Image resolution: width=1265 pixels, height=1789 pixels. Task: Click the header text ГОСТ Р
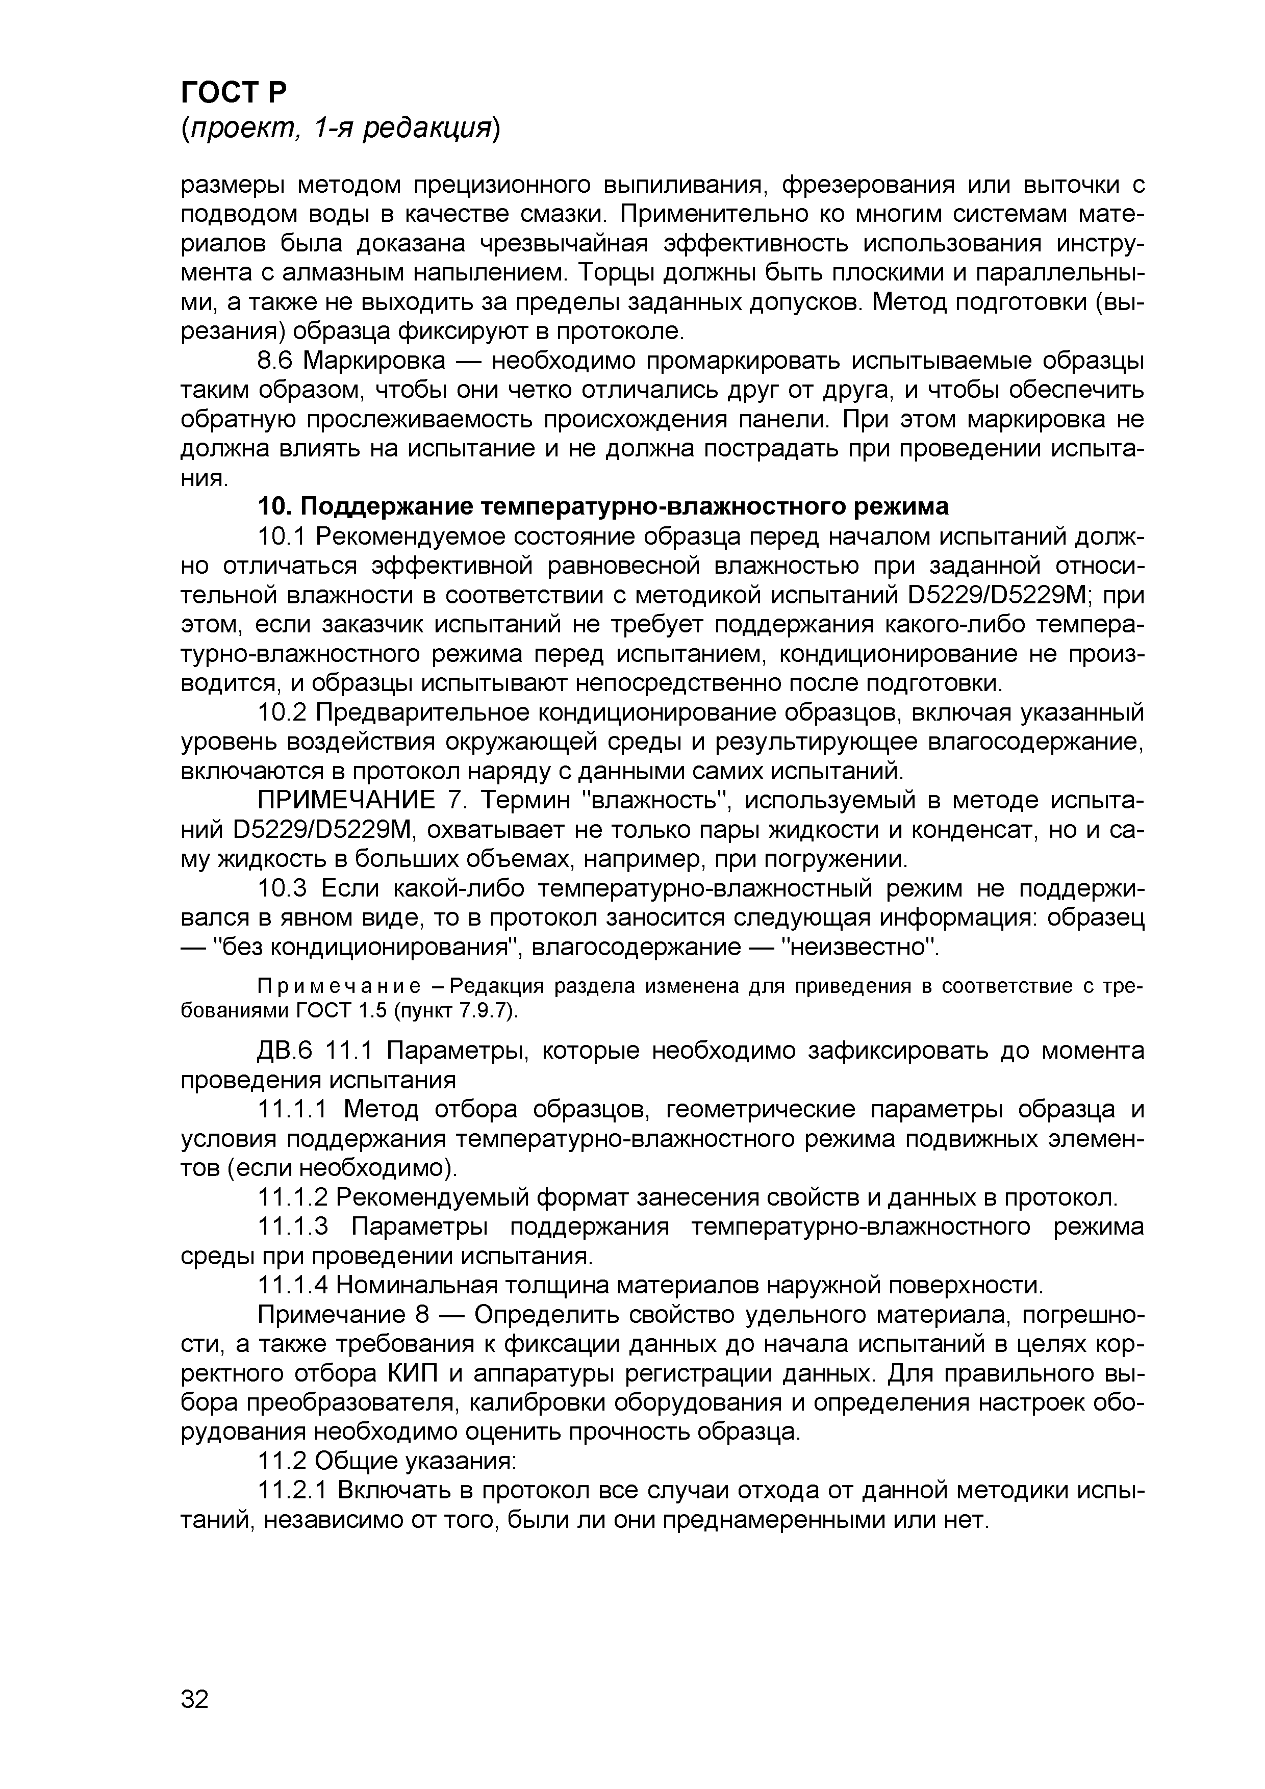(x=234, y=93)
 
